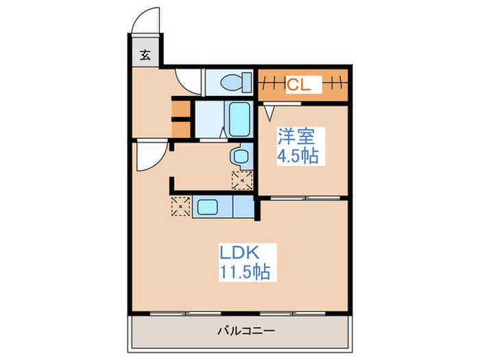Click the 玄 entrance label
145,56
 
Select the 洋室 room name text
296,136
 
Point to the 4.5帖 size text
298,156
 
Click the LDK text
239,252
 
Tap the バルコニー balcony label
246,331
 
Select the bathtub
239,119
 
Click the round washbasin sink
240,156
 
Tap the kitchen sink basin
208,207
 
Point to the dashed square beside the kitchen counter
180,206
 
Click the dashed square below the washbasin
242,180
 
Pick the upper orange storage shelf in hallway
180,108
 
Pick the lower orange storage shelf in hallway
180,130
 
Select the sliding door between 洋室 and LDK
305,198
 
